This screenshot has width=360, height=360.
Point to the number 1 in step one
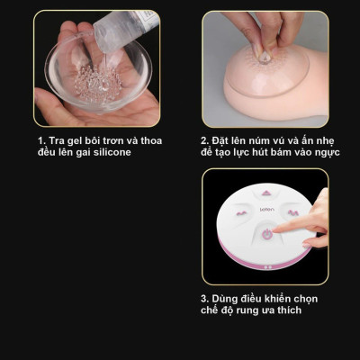[40, 141]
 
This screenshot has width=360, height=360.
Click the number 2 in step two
[203, 141]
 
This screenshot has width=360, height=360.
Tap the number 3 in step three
[203, 298]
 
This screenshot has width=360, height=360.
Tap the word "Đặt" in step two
[221, 141]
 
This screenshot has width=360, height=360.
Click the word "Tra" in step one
[56, 141]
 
